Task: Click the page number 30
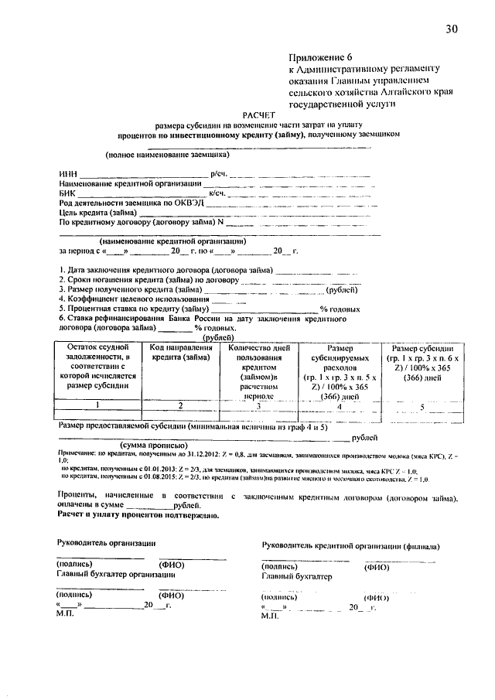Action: [x=452, y=29]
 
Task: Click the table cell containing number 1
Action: [x=97, y=405]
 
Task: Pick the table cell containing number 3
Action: [x=258, y=405]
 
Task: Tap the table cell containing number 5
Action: [x=422, y=405]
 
